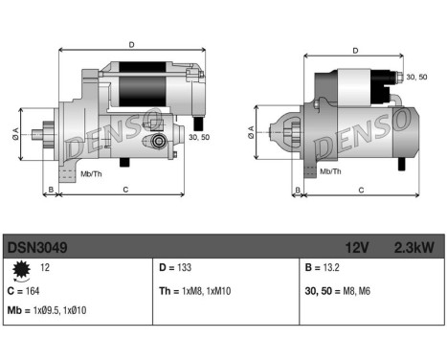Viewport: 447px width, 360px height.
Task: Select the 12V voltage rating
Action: (356, 247)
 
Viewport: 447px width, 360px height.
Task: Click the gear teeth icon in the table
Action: (19, 270)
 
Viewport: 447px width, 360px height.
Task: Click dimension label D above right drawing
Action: (356, 50)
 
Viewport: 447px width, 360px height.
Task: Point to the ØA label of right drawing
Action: (252, 136)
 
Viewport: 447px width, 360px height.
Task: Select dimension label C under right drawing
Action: (361, 191)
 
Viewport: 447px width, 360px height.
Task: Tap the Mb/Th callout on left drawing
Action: (90, 174)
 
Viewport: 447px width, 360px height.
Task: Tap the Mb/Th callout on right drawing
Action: (330, 171)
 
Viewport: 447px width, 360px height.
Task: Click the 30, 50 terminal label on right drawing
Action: (416, 77)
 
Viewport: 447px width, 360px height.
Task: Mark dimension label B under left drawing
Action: (50, 191)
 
